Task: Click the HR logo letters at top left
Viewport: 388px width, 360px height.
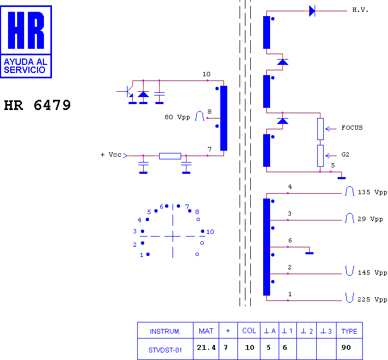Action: pyautogui.click(x=26, y=30)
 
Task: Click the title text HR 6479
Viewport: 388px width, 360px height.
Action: pyautogui.click(x=38, y=105)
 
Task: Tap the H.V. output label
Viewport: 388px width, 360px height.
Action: pyautogui.click(x=360, y=10)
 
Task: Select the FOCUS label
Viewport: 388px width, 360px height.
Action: pyautogui.click(x=352, y=128)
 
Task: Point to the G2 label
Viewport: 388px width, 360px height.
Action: pyautogui.click(x=345, y=155)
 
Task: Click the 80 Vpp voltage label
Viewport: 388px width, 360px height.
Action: pyautogui.click(x=177, y=117)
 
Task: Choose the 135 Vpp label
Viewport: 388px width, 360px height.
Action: pyautogui.click(x=372, y=192)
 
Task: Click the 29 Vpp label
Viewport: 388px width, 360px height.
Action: pyautogui.click(x=370, y=219)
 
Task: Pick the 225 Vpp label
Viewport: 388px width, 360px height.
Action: pyautogui.click(x=372, y=299)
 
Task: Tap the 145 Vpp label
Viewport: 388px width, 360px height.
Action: pyautogui.click(x=372, y=273)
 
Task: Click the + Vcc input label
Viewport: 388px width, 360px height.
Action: pyautogui.click(x=111, y=155)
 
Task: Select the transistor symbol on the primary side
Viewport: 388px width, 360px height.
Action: pyautogui.click(x=129, y=92)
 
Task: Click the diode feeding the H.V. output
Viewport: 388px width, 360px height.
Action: pyautogui.click(x=312, y=11)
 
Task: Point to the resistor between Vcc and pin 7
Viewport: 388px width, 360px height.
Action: pyautogui.click(x=170, y=156)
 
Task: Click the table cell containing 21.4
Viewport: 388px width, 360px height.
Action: pyautogui.click(x=206, y=348)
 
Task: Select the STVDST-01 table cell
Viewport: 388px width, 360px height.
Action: pyautogui.click(x=165, y=350)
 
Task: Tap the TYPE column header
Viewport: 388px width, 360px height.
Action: pyautogui.click(x=349, y=331)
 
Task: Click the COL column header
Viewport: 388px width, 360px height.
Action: pyautogui.click(x=249, y=331)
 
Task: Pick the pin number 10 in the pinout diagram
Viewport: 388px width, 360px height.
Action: pyautogui.click(x=210, y=232)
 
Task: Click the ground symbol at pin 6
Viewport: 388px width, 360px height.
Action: pyautogui.click(x=309, y=253)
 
